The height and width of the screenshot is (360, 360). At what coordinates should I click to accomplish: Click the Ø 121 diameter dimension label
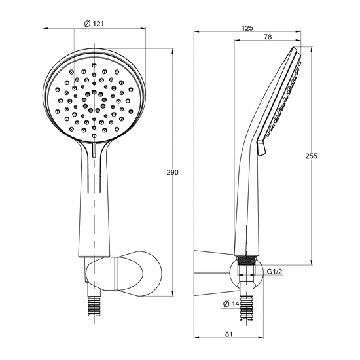pyautogui.click(x=94, y=23)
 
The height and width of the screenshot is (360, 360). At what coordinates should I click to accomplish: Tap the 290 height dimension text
pyautogui.click(x=172, y=172)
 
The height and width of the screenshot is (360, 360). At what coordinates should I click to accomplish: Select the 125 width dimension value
pyautogui.click(x=247, y=28)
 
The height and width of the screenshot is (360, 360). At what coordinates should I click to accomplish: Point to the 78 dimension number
pyautogui.click(x=268, y=37)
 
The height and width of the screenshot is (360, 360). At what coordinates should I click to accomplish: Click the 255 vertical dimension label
pyautogui.click(x=311, y=156)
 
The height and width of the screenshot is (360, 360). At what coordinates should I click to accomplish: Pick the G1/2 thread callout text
pyautogui.click(x=275, y=272)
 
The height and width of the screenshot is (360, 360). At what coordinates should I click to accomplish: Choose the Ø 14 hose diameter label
pyautogui.click(x=231, y=304)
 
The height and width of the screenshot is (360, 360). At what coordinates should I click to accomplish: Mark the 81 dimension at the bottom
pyautogui.click(x=229, y=334)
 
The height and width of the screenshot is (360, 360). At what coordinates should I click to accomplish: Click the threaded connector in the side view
pyautogui.click(x=247, y=261)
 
